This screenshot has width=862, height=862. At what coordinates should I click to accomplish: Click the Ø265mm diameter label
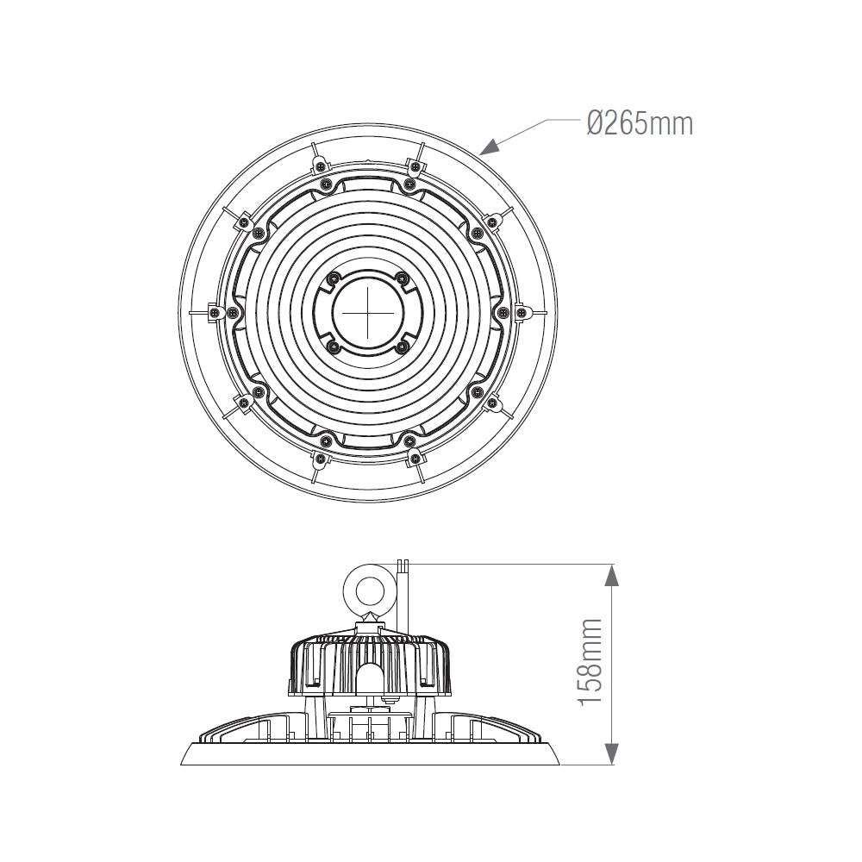pos(639,123)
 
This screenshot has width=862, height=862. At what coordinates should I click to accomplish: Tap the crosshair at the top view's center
pos(368,312)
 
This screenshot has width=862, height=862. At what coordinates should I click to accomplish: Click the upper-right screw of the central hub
pos(402,278)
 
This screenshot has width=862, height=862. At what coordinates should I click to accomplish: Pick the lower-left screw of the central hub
pos(334,347)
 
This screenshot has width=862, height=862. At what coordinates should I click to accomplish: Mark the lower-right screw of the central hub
pos(402,347)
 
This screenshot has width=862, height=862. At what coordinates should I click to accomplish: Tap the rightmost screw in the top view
pos(521,313)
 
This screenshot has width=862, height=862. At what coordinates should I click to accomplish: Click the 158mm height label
pos(590,662)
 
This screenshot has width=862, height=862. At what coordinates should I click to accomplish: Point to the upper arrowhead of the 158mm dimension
pos(612,573)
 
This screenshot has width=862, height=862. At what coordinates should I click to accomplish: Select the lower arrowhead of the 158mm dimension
pos(612,756)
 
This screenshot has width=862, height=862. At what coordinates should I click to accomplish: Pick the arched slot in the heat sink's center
pos(368,678)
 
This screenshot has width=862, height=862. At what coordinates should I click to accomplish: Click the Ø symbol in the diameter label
pos(596,123)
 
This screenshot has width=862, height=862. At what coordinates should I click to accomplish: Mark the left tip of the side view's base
pos(182,763)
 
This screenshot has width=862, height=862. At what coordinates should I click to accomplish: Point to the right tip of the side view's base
pos(559,763)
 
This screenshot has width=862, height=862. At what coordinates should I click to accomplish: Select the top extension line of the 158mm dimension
pos(509,565)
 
